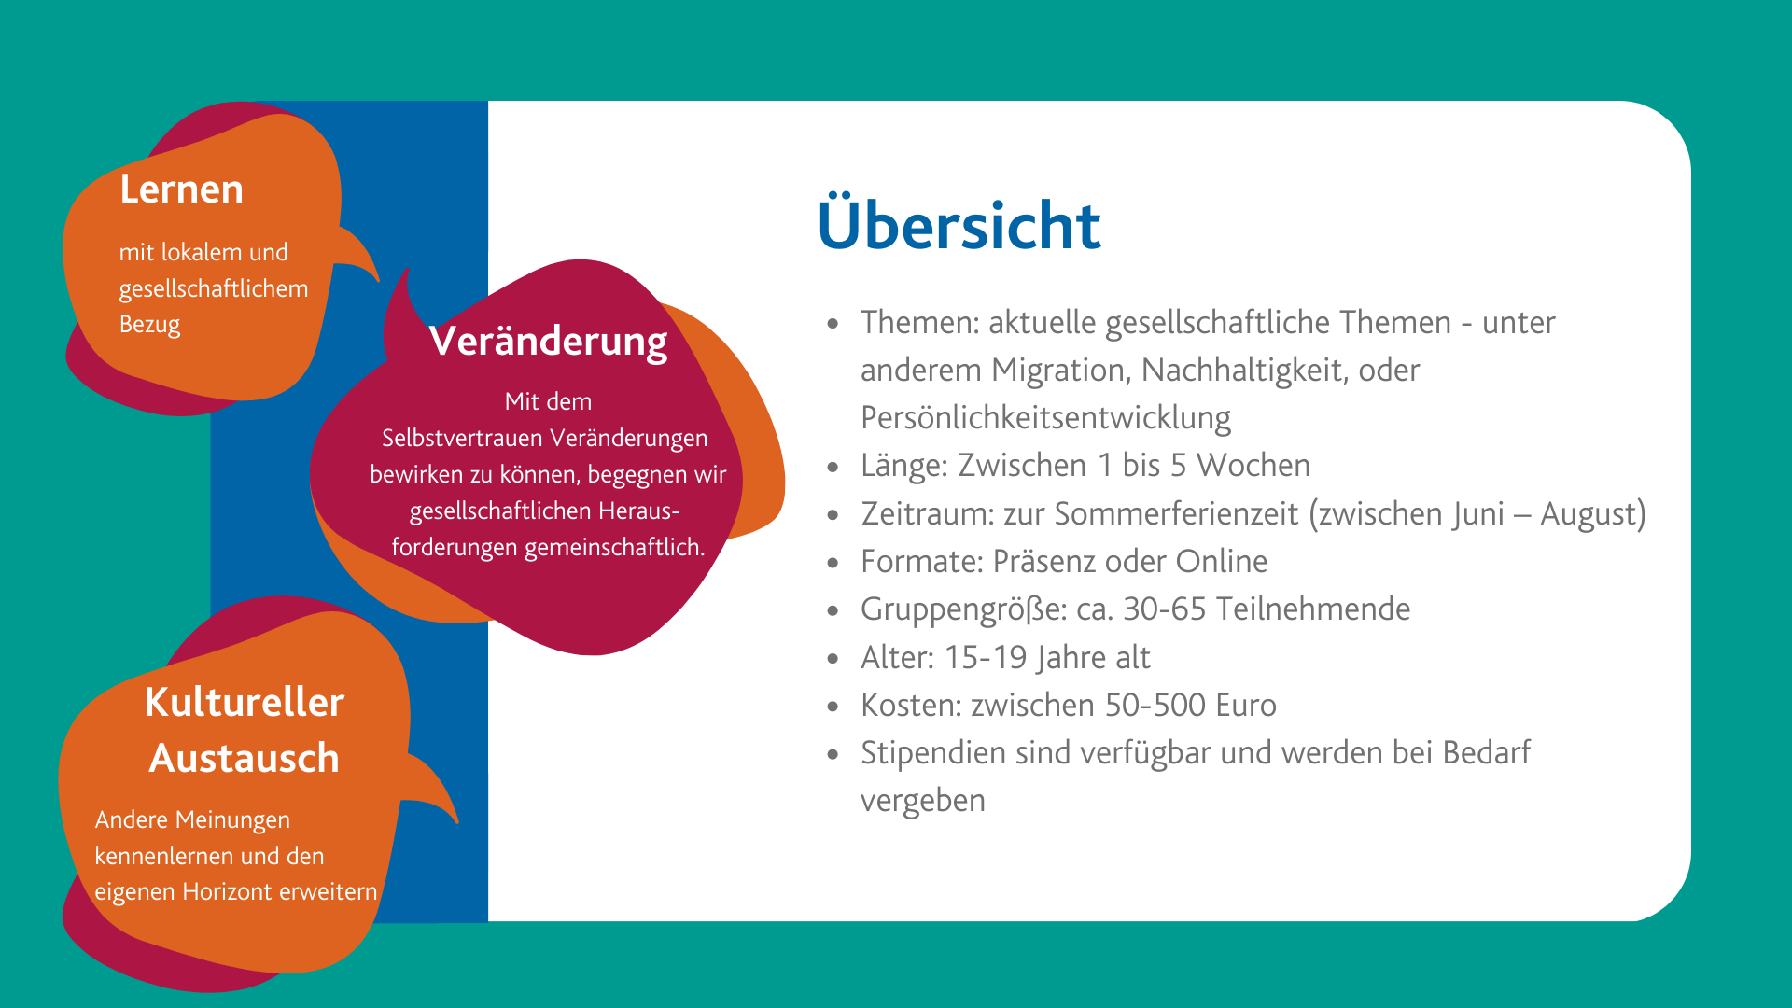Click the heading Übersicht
tap(959, 224)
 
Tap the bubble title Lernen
tap(182, 189)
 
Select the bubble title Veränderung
tap(549, 341)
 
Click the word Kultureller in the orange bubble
tap(245, 702)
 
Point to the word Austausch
tap(245, 758)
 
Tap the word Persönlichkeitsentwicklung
tap(1045, 418)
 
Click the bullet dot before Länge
tap(833, 467)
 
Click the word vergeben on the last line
tap(923, 802)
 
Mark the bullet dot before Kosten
tap(833, 707)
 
